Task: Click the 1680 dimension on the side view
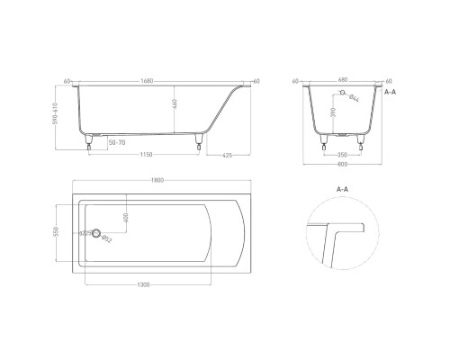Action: pyautogui.click(x=147, y=78)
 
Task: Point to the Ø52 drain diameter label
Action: pyautogui.click(x=106, y=238)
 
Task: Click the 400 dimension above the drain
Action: pyautogui.click(x=128, y=218)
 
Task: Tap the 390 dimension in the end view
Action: pyautogui.click(x=334, y=114)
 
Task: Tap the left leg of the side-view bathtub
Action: pyautogui.click(x=89, y=142)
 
